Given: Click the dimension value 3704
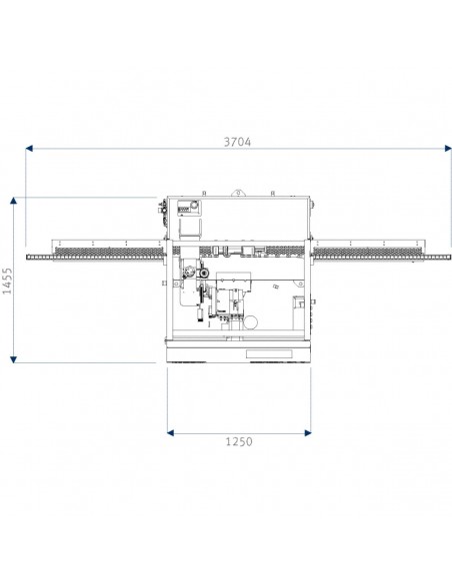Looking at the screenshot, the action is (x=237, y=142).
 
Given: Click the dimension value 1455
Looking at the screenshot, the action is (x=7, y=281).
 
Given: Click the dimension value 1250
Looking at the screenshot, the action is (x=239, y=441).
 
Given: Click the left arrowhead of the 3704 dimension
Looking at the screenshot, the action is (x=29, y=149).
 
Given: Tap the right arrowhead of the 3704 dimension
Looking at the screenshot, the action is (x=448, y=149).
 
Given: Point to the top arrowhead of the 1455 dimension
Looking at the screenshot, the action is (x=13, y=201).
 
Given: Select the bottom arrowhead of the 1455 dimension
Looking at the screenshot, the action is (x=13, y=359).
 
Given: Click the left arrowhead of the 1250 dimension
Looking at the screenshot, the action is (x=171, y=433).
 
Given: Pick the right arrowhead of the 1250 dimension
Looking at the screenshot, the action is (x=308, y=433).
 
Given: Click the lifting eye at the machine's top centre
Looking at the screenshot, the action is (x=237, y=193).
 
